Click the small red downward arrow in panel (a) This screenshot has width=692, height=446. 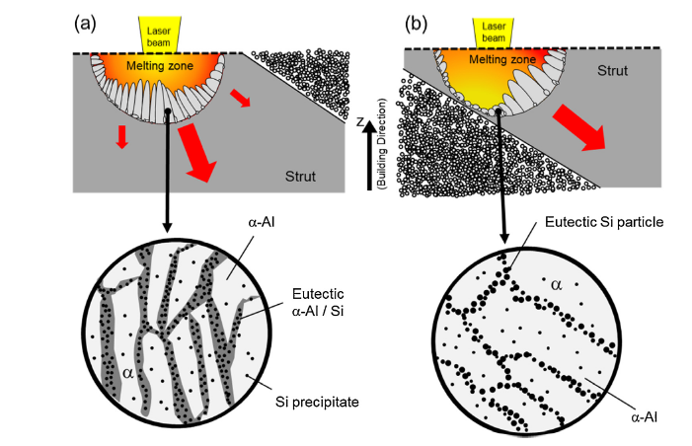coord(121,137)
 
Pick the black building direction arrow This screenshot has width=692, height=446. coord(368,158)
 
